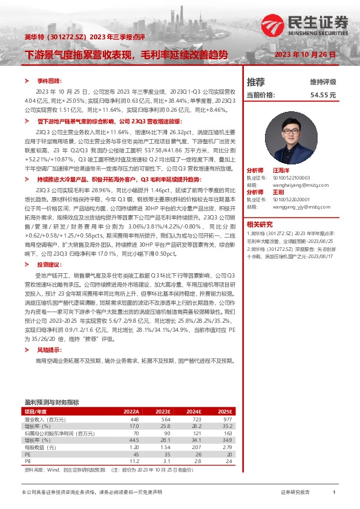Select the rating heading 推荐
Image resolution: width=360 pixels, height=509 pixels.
coord(256,82)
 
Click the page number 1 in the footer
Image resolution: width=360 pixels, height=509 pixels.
coord(334,493)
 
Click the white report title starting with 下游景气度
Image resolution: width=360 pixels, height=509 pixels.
coord(126,55)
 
